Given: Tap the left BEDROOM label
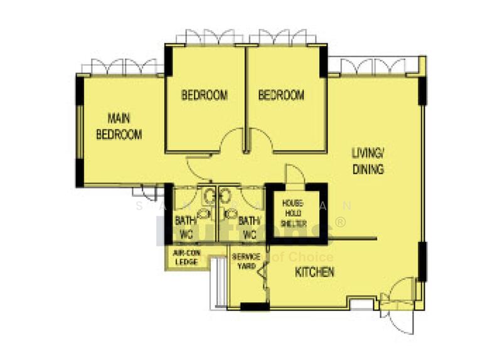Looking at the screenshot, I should pos(204,95).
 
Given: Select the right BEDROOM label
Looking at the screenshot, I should pos(282,95).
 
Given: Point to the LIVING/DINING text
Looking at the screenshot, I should pos(367,161).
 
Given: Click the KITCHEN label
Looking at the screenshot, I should pos(314,272).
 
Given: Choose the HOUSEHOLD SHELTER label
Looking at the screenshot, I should pos(292,213).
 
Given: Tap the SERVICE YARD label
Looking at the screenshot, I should pos(246,262).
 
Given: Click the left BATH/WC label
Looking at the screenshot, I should pos(185,228).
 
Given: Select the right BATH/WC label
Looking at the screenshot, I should pos(249,228).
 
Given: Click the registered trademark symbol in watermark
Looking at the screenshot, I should pos(341,221).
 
